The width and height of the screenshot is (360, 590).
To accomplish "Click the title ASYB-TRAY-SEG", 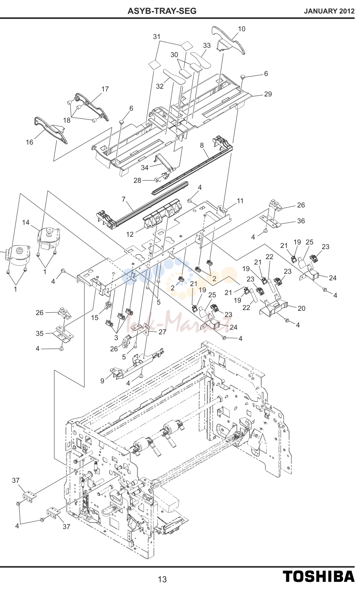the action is pos(162,11).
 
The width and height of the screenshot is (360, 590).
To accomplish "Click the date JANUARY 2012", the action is pos(329,11).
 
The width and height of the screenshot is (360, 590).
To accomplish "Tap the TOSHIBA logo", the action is pos(319,576).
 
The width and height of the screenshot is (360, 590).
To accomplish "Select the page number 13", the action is pos(162,579).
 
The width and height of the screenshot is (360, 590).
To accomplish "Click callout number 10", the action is pos(242,29).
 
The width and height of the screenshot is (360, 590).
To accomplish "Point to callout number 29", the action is pos(268,94).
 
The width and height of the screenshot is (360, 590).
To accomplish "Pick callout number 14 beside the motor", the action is pos(25,223).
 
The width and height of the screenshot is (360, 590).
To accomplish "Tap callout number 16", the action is pos(29,142).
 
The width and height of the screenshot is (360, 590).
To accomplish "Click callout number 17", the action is pos(105,89).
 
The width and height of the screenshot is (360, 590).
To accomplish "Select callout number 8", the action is pos(202,145).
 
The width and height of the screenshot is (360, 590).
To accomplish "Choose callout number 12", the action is pos(130,234).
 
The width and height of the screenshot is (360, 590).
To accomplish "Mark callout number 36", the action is pos(301,221).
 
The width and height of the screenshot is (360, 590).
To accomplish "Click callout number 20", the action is pos(301,308).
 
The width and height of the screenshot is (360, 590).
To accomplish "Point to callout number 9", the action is pos(102,381).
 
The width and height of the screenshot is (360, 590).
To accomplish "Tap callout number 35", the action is pos(39,334).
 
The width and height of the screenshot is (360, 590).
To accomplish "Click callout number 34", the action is pos(145,167).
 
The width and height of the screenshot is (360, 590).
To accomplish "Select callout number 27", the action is pos(162,332).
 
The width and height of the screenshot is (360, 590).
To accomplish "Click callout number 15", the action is pos(95,318).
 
